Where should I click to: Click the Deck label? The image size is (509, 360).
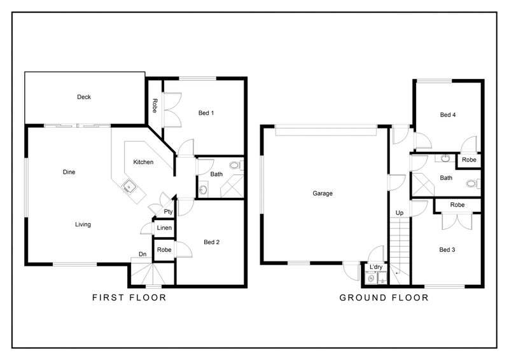[84, 97]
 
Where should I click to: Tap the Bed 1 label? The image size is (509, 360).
[206, 113]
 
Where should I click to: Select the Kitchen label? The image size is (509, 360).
[143, 162]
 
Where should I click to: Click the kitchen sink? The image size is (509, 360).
[129, 187]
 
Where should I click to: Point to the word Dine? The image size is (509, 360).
[69, 172]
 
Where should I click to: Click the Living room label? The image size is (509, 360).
[83, 224]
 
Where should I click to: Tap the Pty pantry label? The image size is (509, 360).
[168, 211]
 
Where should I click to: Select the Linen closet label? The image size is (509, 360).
[164, 228]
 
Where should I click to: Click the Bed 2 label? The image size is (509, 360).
[211, 242]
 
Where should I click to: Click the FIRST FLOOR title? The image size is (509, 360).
[129, 297]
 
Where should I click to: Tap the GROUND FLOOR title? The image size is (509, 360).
[384, 297]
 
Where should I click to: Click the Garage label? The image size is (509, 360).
[323, 193]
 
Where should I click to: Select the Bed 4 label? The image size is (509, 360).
[449, 115]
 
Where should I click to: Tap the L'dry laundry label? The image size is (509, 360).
[375, 267]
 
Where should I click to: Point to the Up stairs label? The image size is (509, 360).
[400, 212]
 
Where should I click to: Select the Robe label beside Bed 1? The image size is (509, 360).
[155, 106]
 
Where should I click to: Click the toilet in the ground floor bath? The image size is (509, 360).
[471, 184]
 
